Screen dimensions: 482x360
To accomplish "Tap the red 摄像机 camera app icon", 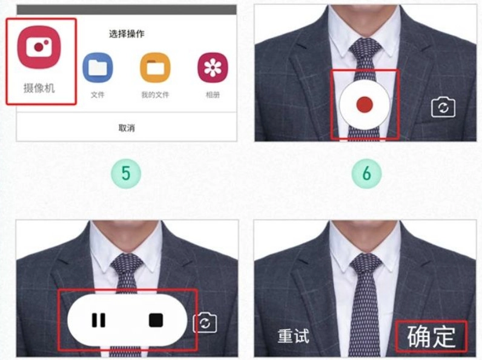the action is pyautogui.click(x=39, y=47).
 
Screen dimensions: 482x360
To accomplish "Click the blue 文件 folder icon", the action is pyautogui.click(x=97, y=68).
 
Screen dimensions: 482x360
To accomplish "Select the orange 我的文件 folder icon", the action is pyautogui.click(x=155, y=68).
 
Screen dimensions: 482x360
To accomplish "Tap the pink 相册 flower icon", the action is pyautogui.click(x=213, y=68).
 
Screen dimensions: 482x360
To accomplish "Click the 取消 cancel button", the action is pyautogui.click(x=127, y=128).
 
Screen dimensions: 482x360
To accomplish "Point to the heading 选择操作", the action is pyautogui.click(x=127, y=34).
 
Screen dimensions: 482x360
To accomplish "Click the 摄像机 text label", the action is pyautogui.click(x=39, y=88).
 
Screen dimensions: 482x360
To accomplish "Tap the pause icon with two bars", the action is pyautogui.click(x=98, y=320).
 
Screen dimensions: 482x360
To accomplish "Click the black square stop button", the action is pyautogui.click(x=156, y=320).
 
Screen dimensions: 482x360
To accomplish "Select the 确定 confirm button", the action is pyautogui.click(x=431, y=336).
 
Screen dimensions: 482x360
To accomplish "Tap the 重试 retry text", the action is pyautogui.click(x=293, y=336).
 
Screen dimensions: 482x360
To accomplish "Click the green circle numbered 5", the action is pyautogui.click(x=126, y=173).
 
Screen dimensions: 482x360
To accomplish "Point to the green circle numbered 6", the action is pyautogui.click(x=366, y=173).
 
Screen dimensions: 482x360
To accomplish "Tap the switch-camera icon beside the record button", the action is pyautogui.click(x=443, y=108).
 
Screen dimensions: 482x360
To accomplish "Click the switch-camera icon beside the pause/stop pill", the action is pyautogui.click(x=205, y=323).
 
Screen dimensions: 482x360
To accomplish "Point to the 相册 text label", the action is pyautogui.click(x=213, y=94).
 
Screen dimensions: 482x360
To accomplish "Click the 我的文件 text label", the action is pyautogui.click(x=155, y=94).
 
